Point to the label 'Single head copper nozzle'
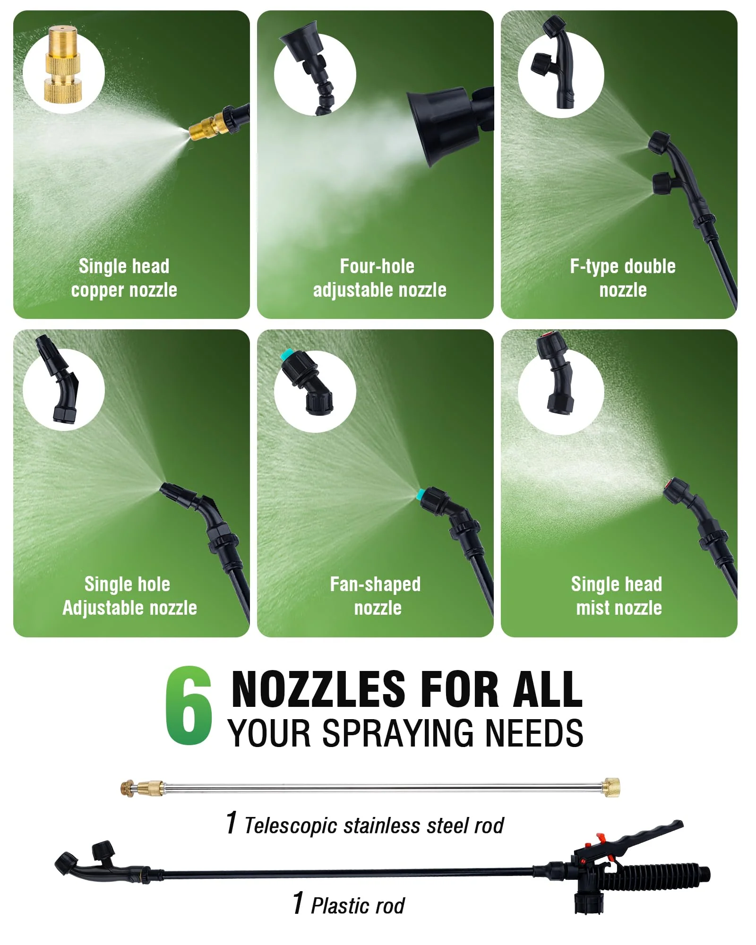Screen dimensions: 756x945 click(124, 278)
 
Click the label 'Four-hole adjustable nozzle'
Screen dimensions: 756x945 click(379, 278)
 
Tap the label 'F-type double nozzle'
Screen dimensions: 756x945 click(623, 278)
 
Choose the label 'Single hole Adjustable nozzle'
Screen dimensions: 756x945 click(129, 596)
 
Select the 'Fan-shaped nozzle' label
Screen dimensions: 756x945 click(376, 596)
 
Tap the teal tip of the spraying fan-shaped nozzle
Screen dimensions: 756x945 click(420, 495)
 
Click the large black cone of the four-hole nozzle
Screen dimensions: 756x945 click(437, 125)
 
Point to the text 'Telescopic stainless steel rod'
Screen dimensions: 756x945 click(374, 825)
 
